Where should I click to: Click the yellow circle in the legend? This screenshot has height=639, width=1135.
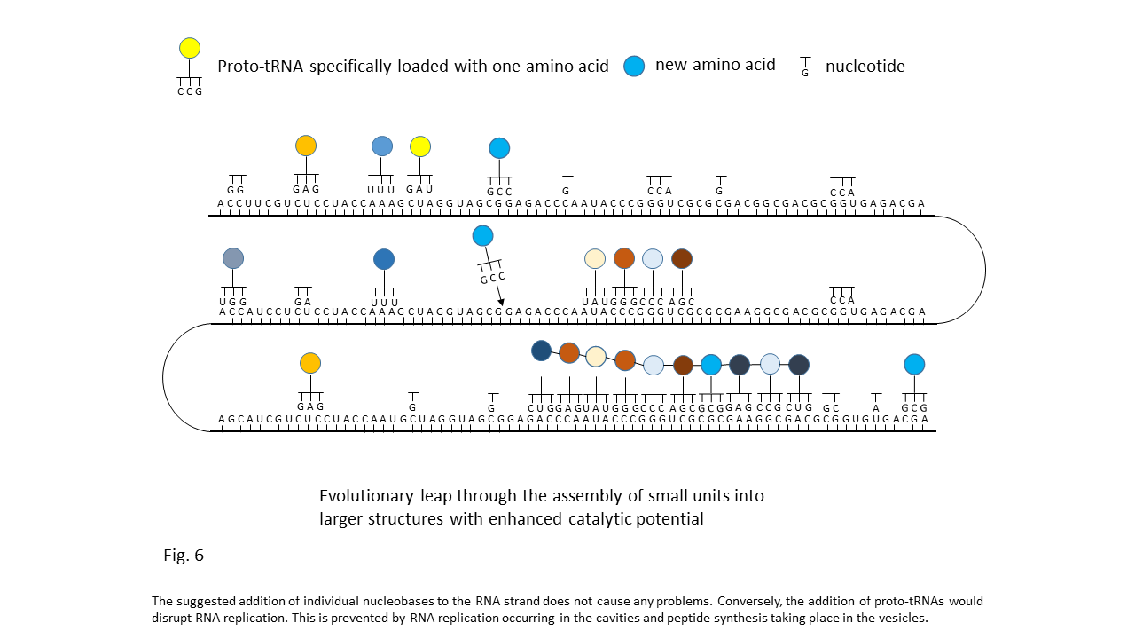[x=190, y=48]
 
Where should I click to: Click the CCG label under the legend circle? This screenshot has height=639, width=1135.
[x=190, y=91]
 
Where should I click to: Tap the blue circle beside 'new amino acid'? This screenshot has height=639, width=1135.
[x=634, y=66]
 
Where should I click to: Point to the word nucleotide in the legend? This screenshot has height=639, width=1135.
[x=865, y=67]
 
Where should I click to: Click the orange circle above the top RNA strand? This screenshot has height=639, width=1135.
[x=306, y=146]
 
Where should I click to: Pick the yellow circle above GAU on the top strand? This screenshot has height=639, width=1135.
[x=420, y=146]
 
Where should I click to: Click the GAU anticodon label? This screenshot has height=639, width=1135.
[x=419, y=189]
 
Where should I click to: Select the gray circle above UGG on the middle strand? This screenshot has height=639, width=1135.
[x=233, y=258]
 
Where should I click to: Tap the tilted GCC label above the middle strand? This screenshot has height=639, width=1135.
[x=493, y=277]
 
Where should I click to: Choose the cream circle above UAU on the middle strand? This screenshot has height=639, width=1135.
[x=595, y=258]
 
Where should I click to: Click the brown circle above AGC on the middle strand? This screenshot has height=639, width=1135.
[x=681, y=258]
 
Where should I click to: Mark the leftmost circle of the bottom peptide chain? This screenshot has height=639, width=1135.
[x=541, y=351]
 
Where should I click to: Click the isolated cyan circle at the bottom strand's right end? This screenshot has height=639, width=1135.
[x=914, y=364]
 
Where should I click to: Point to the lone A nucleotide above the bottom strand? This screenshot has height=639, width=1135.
[x=876, y=408]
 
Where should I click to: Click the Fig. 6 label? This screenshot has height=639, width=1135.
[x=184, y=556]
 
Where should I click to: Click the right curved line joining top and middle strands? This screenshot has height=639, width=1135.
[x=985, y=269]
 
